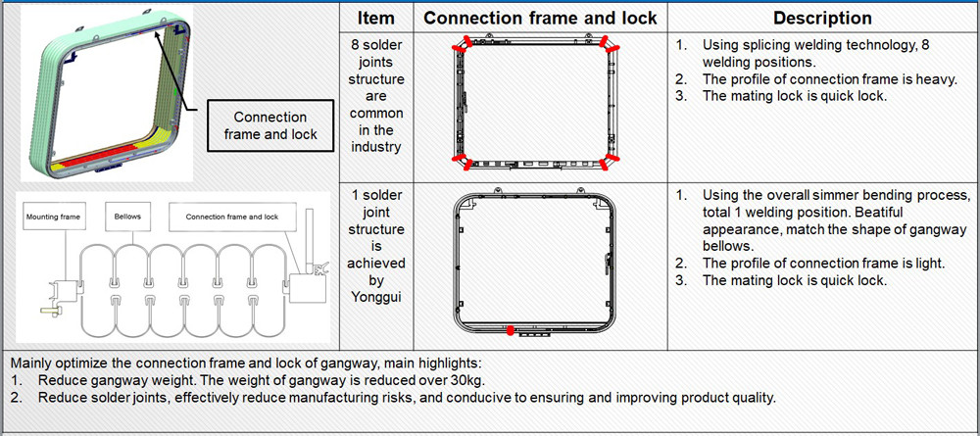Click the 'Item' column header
pos(376,18)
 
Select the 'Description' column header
pos(822,18)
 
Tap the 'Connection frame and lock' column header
pos(541,18)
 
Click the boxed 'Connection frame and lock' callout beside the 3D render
pos(270,125)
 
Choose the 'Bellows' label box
pos(127,217)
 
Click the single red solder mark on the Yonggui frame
pos(511,330)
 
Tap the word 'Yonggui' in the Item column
pos(376,297)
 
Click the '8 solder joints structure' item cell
pos(376,96)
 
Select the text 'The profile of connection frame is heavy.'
pos(829,79)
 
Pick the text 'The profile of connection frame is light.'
pos(823,264)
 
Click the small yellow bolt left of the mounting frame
pos(49,310)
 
